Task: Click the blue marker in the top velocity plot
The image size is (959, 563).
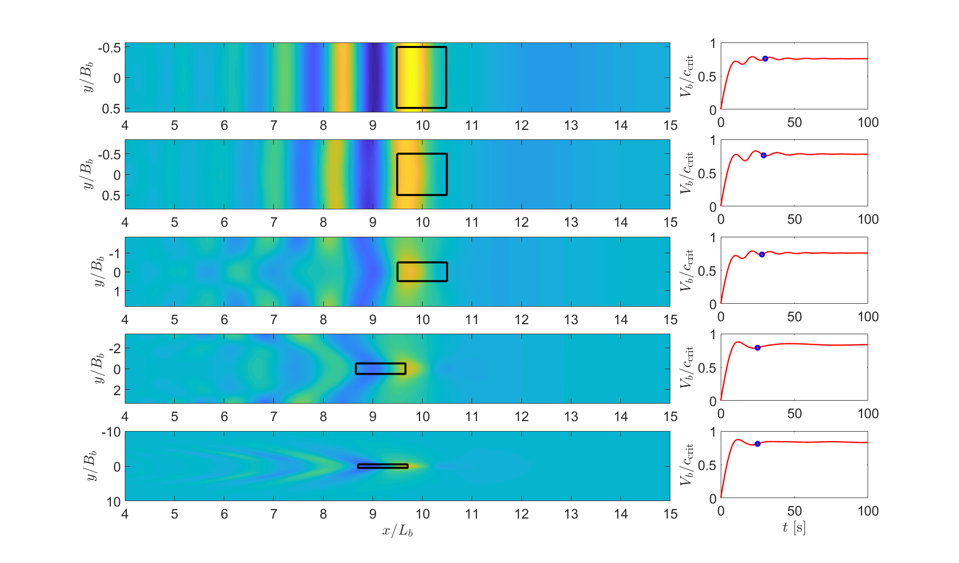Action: tap(765, 58)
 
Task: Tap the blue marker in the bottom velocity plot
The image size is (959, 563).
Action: tap(757, 444)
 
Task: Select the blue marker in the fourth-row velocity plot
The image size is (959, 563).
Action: tap(758, 348)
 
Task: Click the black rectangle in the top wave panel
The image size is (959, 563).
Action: tap(421, 77)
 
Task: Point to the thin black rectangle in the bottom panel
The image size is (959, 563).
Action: tap(383, 466)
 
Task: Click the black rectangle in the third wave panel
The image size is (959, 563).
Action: tap(422, 272)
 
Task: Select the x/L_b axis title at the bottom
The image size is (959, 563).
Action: tap(397, 531)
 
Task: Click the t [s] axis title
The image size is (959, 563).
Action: tap(794, 528)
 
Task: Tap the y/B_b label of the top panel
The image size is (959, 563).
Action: tap(88, 77)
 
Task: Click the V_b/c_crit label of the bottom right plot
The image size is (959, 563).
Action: tap(687, 465)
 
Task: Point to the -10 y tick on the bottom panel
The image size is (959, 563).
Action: tap(111, 432)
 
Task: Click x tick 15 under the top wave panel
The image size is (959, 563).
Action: tap(670, 125)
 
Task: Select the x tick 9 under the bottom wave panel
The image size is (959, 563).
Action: tap(373, 514)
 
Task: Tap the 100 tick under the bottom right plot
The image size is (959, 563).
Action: tap(868, 511)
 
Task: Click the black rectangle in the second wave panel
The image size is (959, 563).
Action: tap(422, 174)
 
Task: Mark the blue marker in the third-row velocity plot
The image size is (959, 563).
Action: tap(762, 255)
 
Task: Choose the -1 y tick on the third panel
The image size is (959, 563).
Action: tap(115, 254)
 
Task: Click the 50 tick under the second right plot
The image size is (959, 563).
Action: tap(794, 219)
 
